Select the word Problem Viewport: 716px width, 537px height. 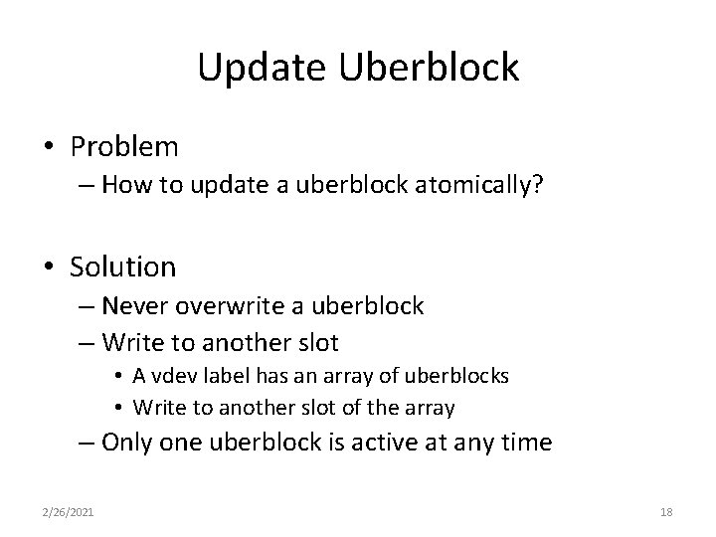[x=124, y=147]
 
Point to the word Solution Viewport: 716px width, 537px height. [x=123, y=267]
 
